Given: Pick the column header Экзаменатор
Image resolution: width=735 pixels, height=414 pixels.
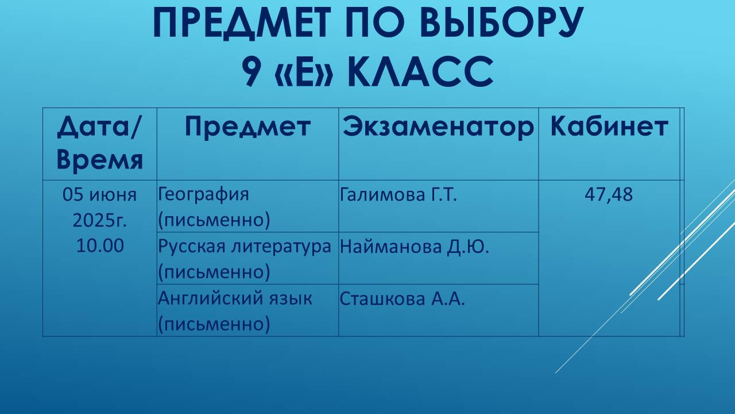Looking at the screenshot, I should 438,127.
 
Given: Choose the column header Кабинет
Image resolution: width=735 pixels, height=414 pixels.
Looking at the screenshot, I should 609,127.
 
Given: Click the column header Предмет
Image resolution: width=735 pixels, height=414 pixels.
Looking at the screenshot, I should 247,127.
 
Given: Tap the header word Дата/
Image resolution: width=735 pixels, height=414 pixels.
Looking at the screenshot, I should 99,127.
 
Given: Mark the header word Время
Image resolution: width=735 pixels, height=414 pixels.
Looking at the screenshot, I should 99,160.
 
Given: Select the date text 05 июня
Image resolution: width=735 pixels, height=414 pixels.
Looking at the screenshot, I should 99,195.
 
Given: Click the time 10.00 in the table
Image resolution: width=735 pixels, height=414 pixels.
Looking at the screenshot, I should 99,246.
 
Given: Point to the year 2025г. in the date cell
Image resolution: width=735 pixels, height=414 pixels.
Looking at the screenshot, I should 99,220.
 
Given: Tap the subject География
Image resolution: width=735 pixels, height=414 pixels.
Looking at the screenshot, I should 203,195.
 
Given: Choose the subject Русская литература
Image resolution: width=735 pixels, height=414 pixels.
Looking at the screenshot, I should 245,246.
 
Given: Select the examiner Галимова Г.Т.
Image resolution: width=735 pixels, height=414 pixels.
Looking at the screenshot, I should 398,195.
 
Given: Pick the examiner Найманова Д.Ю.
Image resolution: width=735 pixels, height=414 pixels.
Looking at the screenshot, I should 414,246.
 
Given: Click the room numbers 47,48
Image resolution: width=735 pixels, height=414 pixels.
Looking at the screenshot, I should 609,195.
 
